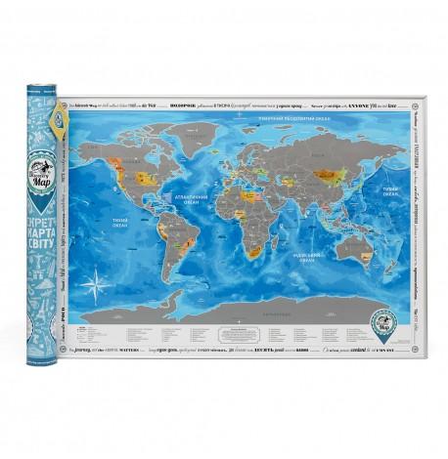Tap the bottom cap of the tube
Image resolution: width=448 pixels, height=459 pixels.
coord(43,362)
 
